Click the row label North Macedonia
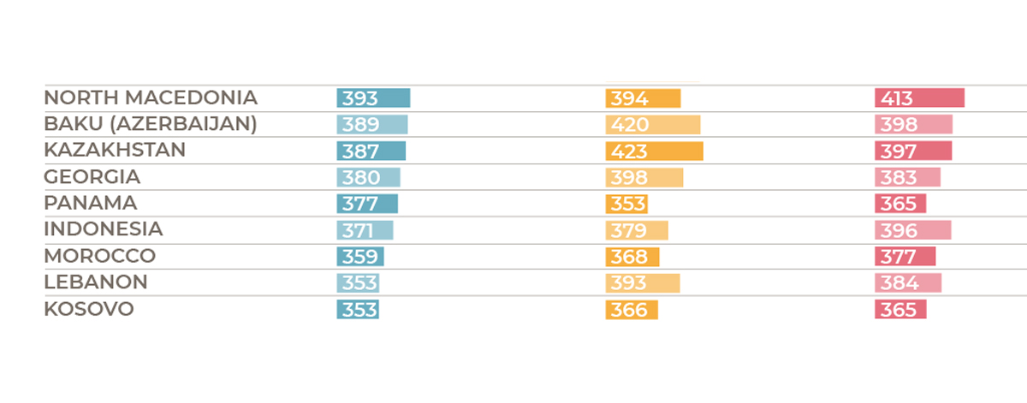coord(151,98)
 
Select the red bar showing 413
coord(919,98)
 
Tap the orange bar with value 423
coord(654,151)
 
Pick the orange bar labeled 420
coord(652,125)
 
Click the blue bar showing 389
coord(372,125)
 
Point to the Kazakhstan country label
coord(115,151)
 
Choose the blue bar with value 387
coord(371,151)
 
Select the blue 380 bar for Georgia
coord(368,178)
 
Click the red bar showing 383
coord(907,178)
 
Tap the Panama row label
coord(90,204)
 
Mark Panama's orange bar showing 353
coord(626,204)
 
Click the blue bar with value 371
coord(365,230)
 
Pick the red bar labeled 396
coord(912,230)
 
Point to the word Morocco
coord(99,256)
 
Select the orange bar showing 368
coord(632,257)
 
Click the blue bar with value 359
coord(360,257)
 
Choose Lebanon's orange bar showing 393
coord(642,283)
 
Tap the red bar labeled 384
coord(908,283)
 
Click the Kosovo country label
coord(89,309)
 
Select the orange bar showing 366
coord(632,310)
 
